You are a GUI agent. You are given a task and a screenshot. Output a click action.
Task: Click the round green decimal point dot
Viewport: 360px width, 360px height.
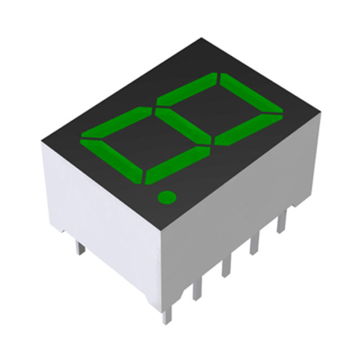point(166,197)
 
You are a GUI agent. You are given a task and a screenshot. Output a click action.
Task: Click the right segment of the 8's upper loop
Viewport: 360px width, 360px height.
point(247,129)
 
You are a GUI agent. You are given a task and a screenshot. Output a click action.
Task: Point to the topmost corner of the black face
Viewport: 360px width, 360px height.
point(201,39)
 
